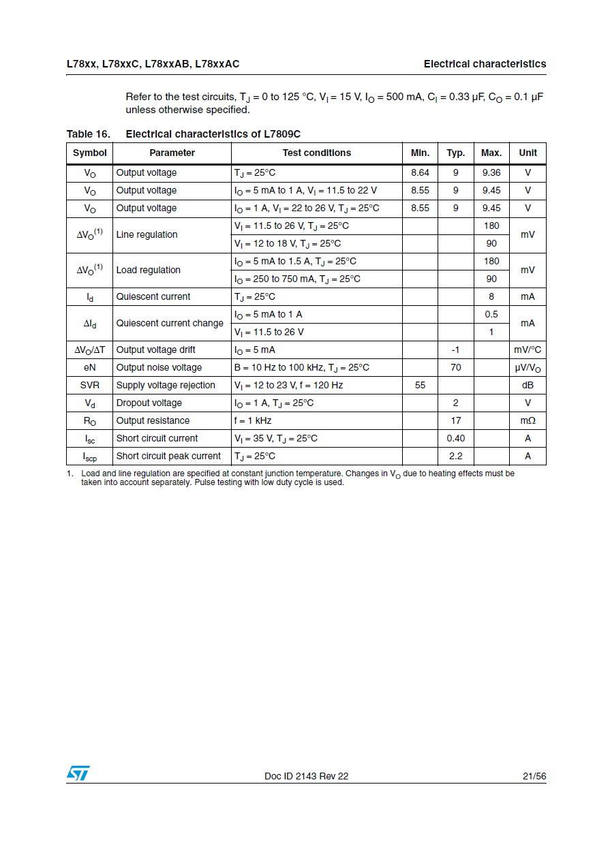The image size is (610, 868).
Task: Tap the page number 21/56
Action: point(534,776)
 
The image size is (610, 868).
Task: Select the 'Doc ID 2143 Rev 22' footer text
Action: point(306,776)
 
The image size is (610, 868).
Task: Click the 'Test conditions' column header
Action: point(317,153)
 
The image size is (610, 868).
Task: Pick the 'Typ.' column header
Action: point(455,153)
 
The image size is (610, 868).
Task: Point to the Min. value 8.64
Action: point(420,173)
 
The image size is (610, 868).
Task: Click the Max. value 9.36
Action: point(491,173)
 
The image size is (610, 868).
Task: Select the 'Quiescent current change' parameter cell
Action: point(170,323)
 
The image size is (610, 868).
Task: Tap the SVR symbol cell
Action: point(89,385)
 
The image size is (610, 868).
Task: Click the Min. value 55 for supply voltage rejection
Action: point(420,385)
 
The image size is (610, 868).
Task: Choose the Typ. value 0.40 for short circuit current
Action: point(455,438)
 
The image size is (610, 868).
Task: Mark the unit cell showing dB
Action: point(528,385)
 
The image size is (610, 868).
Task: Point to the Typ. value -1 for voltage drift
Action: point(455,350)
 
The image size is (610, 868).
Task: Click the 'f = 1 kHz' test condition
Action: point(253,420)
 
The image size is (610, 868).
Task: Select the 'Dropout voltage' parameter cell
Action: point(149,403)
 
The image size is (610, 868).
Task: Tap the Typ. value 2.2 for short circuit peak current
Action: point(455,456)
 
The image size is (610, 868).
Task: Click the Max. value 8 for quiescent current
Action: point(491,296)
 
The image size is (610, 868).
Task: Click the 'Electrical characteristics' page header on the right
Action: point(485,64)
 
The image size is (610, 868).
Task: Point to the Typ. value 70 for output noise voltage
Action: point(455,367)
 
